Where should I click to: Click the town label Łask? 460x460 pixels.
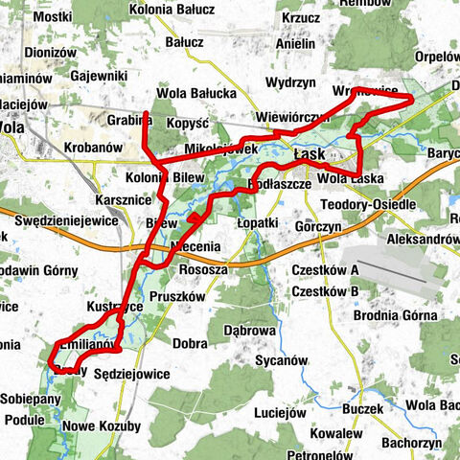click(x=310, y=153)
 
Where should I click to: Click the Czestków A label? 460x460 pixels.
click(x=325, y=270)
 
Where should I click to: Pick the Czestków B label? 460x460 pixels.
click(x=325, y=291)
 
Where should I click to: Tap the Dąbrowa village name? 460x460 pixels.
click(x=249, y=329)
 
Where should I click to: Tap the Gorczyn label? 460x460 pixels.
click(x=317, y=229)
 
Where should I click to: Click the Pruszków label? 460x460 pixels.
click(x=176, y=297)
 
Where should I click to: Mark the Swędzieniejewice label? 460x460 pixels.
click(x=66, y=220)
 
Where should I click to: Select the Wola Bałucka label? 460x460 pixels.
click(x=196, y=94)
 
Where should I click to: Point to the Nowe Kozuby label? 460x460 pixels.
click(x=102, y=425)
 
